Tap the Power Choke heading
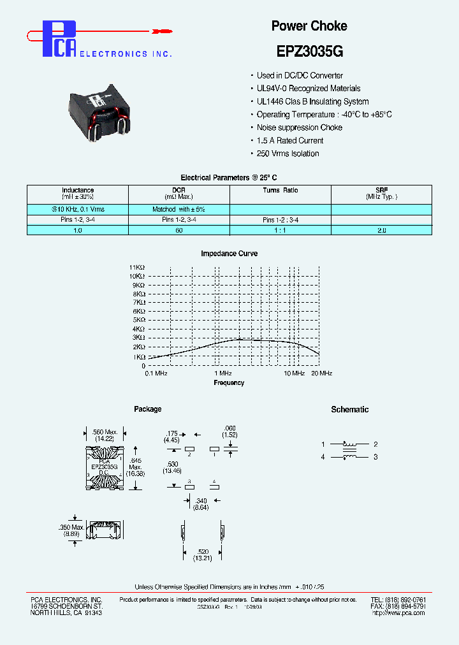click(309, 26)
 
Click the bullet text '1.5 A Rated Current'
click(289, 140)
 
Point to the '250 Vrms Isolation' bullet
click(288, 154)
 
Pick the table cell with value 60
click(178, 230)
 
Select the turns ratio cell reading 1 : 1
click(280, 230)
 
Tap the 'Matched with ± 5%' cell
click(178, 209)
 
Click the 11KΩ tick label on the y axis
click(137, 267)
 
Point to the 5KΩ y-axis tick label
click(139, 320)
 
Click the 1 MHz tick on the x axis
click(222, 373)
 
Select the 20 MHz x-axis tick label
click(321, 373)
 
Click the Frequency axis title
click(229, 383)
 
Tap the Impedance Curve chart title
click(229, 254)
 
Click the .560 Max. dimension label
click(106, 432)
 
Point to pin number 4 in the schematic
click(323, 457)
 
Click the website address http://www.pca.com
click(398, 612)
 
